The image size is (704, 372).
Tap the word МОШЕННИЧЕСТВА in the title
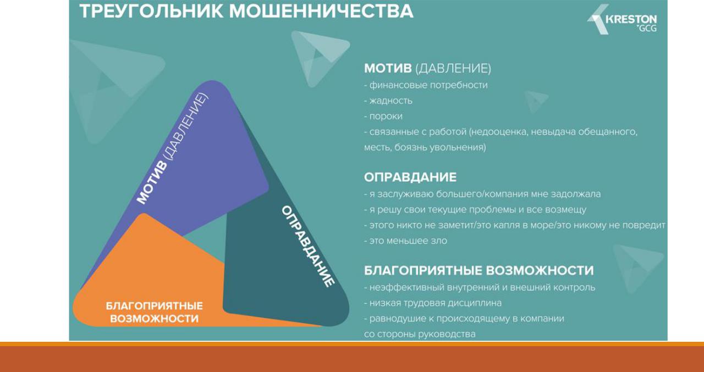[x=321, y=11]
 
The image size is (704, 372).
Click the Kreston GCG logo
[x=622, y=19]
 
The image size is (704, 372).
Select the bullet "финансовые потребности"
[x=426, y=85]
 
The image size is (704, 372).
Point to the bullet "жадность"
[x=388, y=101]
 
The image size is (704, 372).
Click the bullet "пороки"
[x=383, y=116]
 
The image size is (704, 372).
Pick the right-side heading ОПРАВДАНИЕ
[x=410, y=177]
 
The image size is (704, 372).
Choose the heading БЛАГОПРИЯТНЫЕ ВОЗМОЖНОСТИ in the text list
[x=479, y=270]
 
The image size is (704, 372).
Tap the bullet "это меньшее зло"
[x=405, y=241]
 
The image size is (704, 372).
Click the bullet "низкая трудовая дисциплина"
[x=433, y=303]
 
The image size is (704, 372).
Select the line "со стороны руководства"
[x=420, y=334]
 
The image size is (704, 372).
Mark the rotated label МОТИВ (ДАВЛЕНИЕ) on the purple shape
[x=172, y=148]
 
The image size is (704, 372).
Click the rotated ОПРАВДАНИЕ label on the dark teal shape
[x=308, y=246]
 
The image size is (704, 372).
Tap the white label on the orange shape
[x=155, y=312]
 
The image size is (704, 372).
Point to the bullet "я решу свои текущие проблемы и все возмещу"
[x=475, y=210]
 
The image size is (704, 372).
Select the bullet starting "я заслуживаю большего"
[x=482, y=194]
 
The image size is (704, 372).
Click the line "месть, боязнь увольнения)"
[x=425, y=147]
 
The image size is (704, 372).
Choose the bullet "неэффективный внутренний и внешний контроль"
[x=480, y=287]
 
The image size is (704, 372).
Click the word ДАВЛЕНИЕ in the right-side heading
[x=453, y=69]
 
